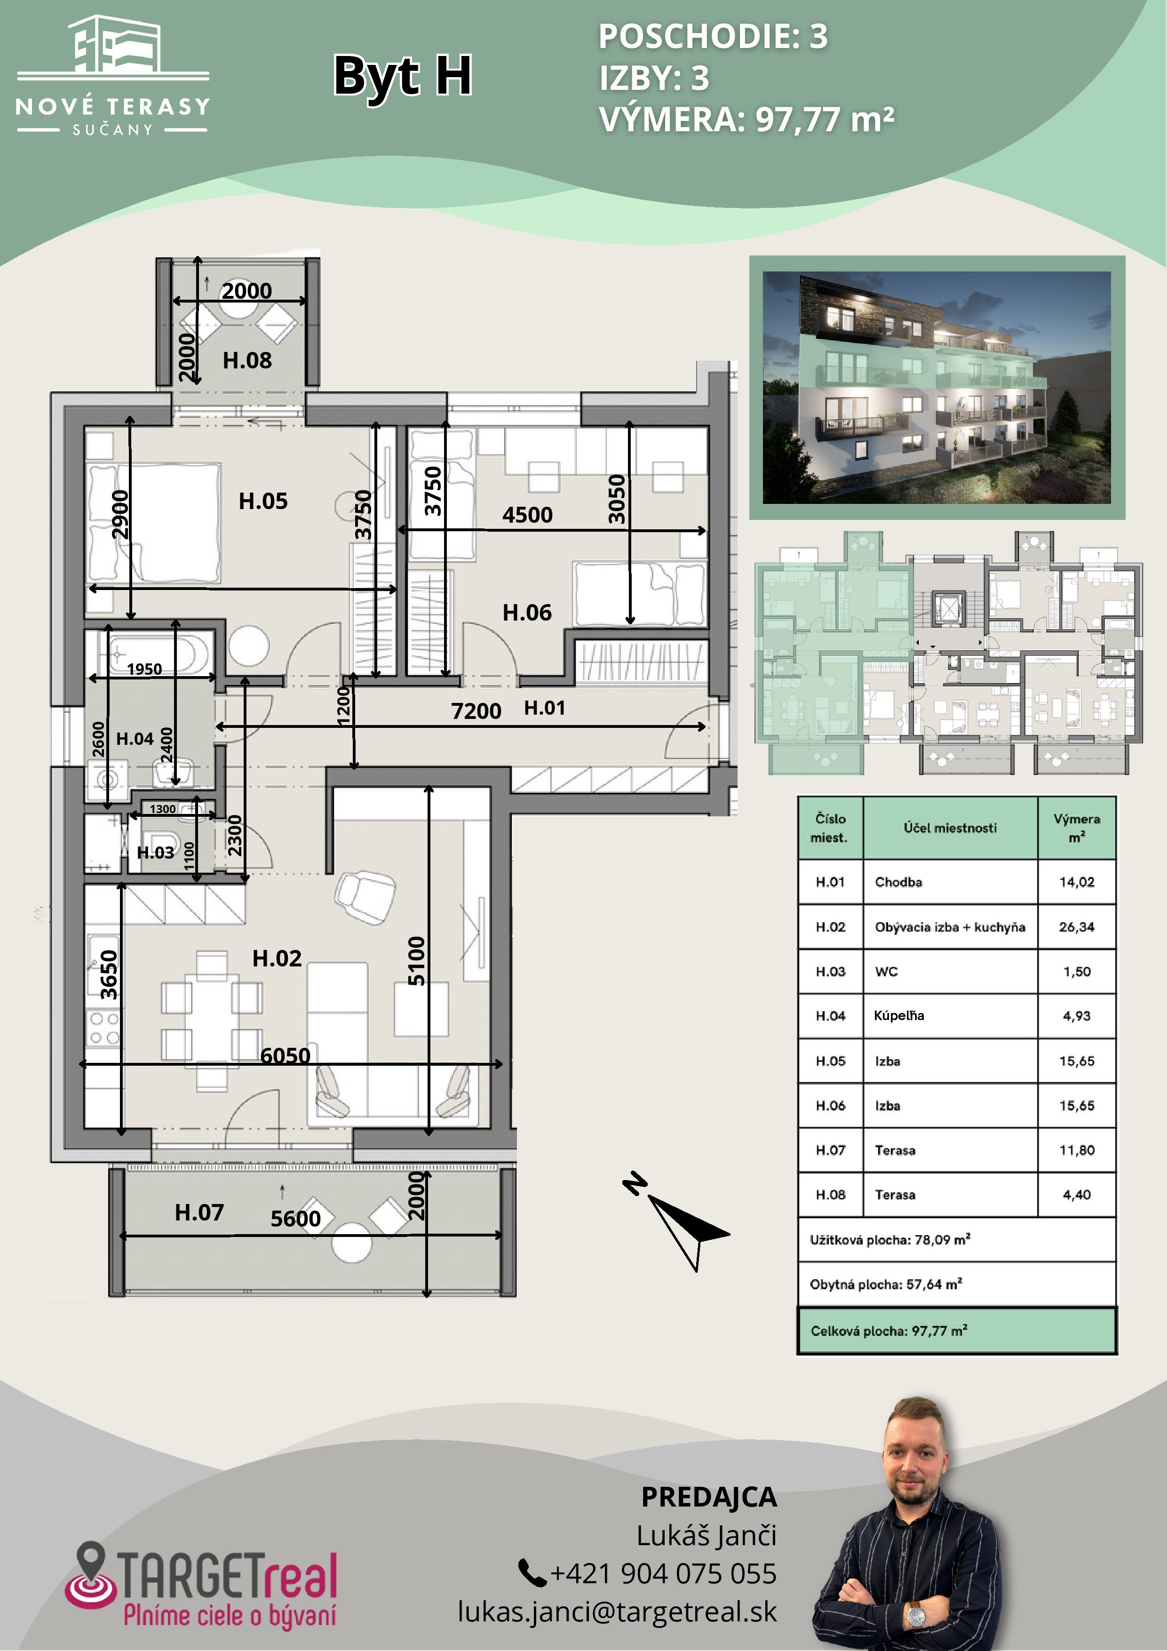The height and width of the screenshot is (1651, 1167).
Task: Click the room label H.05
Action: coord(263,501)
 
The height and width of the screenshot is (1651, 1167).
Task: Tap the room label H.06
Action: coord(527,613)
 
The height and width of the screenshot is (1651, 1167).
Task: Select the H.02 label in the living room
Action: coord(277,958)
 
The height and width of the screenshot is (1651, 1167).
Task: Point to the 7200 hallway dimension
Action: coord(476,710)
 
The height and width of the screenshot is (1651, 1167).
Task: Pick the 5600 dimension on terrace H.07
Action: coord(295,1218)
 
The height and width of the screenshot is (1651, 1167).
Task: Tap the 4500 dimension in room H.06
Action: coord(527,515)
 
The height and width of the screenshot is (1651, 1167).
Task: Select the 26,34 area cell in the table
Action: coord(1076,927)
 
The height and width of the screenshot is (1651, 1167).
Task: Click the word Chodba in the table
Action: coord(898,882)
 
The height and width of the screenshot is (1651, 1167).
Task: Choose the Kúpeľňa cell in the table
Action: coord(899,1015)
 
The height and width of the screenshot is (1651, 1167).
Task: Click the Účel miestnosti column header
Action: coord(950,828)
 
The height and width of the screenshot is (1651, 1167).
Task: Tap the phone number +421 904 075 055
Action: coord(663,1573)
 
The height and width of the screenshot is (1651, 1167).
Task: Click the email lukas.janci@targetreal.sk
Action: coord(617,1611)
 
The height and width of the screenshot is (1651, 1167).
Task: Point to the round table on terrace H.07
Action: coord(352,1242)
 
